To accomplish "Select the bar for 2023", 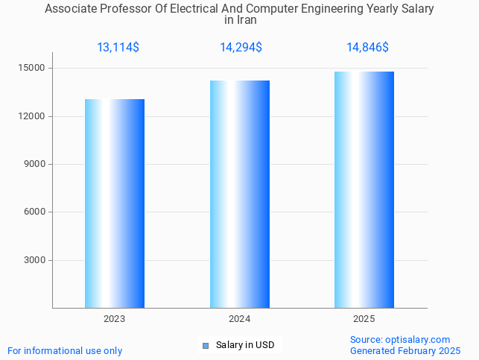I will [115, 203].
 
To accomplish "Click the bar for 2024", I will [239, 194].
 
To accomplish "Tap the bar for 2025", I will [364, 189].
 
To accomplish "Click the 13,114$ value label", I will [118, 48].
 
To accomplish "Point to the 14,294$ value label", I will [241, 48].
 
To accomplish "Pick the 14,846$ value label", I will [367, 48].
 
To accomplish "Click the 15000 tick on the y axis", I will [34, 69].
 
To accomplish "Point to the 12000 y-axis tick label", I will [34, 116].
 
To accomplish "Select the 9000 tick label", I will [36, 164].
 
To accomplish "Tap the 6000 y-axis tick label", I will [36, 212].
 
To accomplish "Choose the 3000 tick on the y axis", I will [36, 260].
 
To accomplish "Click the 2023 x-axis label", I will [115, 319].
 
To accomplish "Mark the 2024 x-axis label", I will [239, 319].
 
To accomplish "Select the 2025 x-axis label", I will [364, 319].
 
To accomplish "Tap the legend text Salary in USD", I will [245, 345].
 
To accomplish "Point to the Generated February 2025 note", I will [405, 350].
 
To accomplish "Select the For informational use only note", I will [65, 350].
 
